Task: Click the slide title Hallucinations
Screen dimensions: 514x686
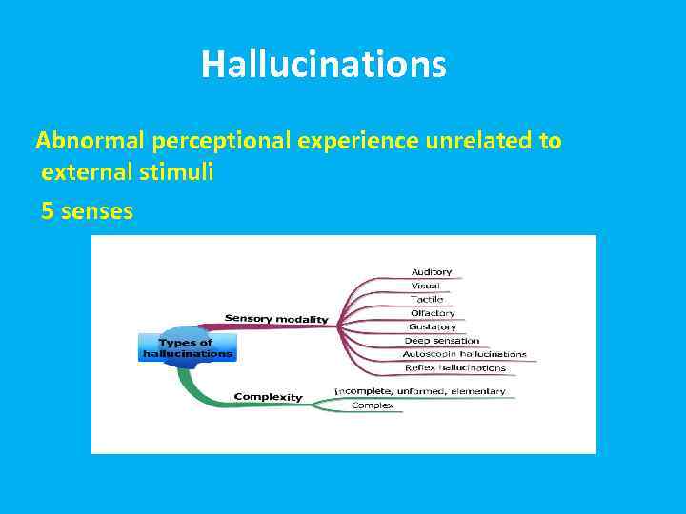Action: pyautogui.click(x=323, y=65)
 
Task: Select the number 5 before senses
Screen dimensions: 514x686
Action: pyautogui.click(x=48, y=211)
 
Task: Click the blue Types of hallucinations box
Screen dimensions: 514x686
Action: pyautogui.click(x=188, y=347)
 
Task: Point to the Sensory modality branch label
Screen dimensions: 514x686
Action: pyautogui.click(x=276, y=318)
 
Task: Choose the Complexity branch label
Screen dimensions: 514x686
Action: pyautogui.click(x=268, y=397)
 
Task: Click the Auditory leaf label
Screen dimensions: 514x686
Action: pyautogui.click(x=431, y=272)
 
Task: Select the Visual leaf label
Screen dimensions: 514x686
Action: pyautogui.click(x=425, y=286)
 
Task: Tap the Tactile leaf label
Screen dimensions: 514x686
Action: pyautogui.click(x=427, y=299)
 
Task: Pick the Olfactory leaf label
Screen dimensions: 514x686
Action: pyautogui.click(x=433, y=313)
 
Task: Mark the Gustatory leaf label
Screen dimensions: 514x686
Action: pyautogui.click(x=433, y=326)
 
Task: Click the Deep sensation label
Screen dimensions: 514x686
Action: pyautogui.click(x=442, y=340)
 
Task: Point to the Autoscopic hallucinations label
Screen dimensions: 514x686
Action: pyautogui.click(x=464, y=354)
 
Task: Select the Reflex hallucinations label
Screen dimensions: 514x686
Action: pyautogui.click(x=454, y=367)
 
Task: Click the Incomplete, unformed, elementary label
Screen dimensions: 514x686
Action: pyautogui.click(x=419, y=391)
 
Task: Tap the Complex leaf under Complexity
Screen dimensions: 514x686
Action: pyautogui.click(x=373, y=405)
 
